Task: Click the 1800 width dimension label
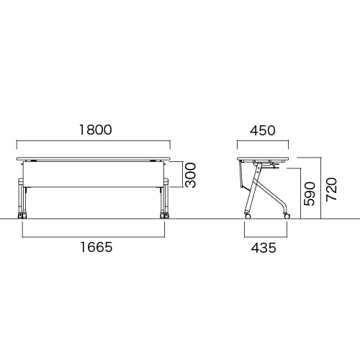point(96,130)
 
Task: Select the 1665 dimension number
point(96,247)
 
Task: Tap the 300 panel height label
point(191,175)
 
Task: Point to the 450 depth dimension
point(263,130)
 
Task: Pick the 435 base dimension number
point(264,248)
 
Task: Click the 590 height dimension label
point(309,194)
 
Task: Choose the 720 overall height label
point(332,189)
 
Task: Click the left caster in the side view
point(248,216)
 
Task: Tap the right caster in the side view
point(287,216)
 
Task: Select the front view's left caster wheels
point(22,215)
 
